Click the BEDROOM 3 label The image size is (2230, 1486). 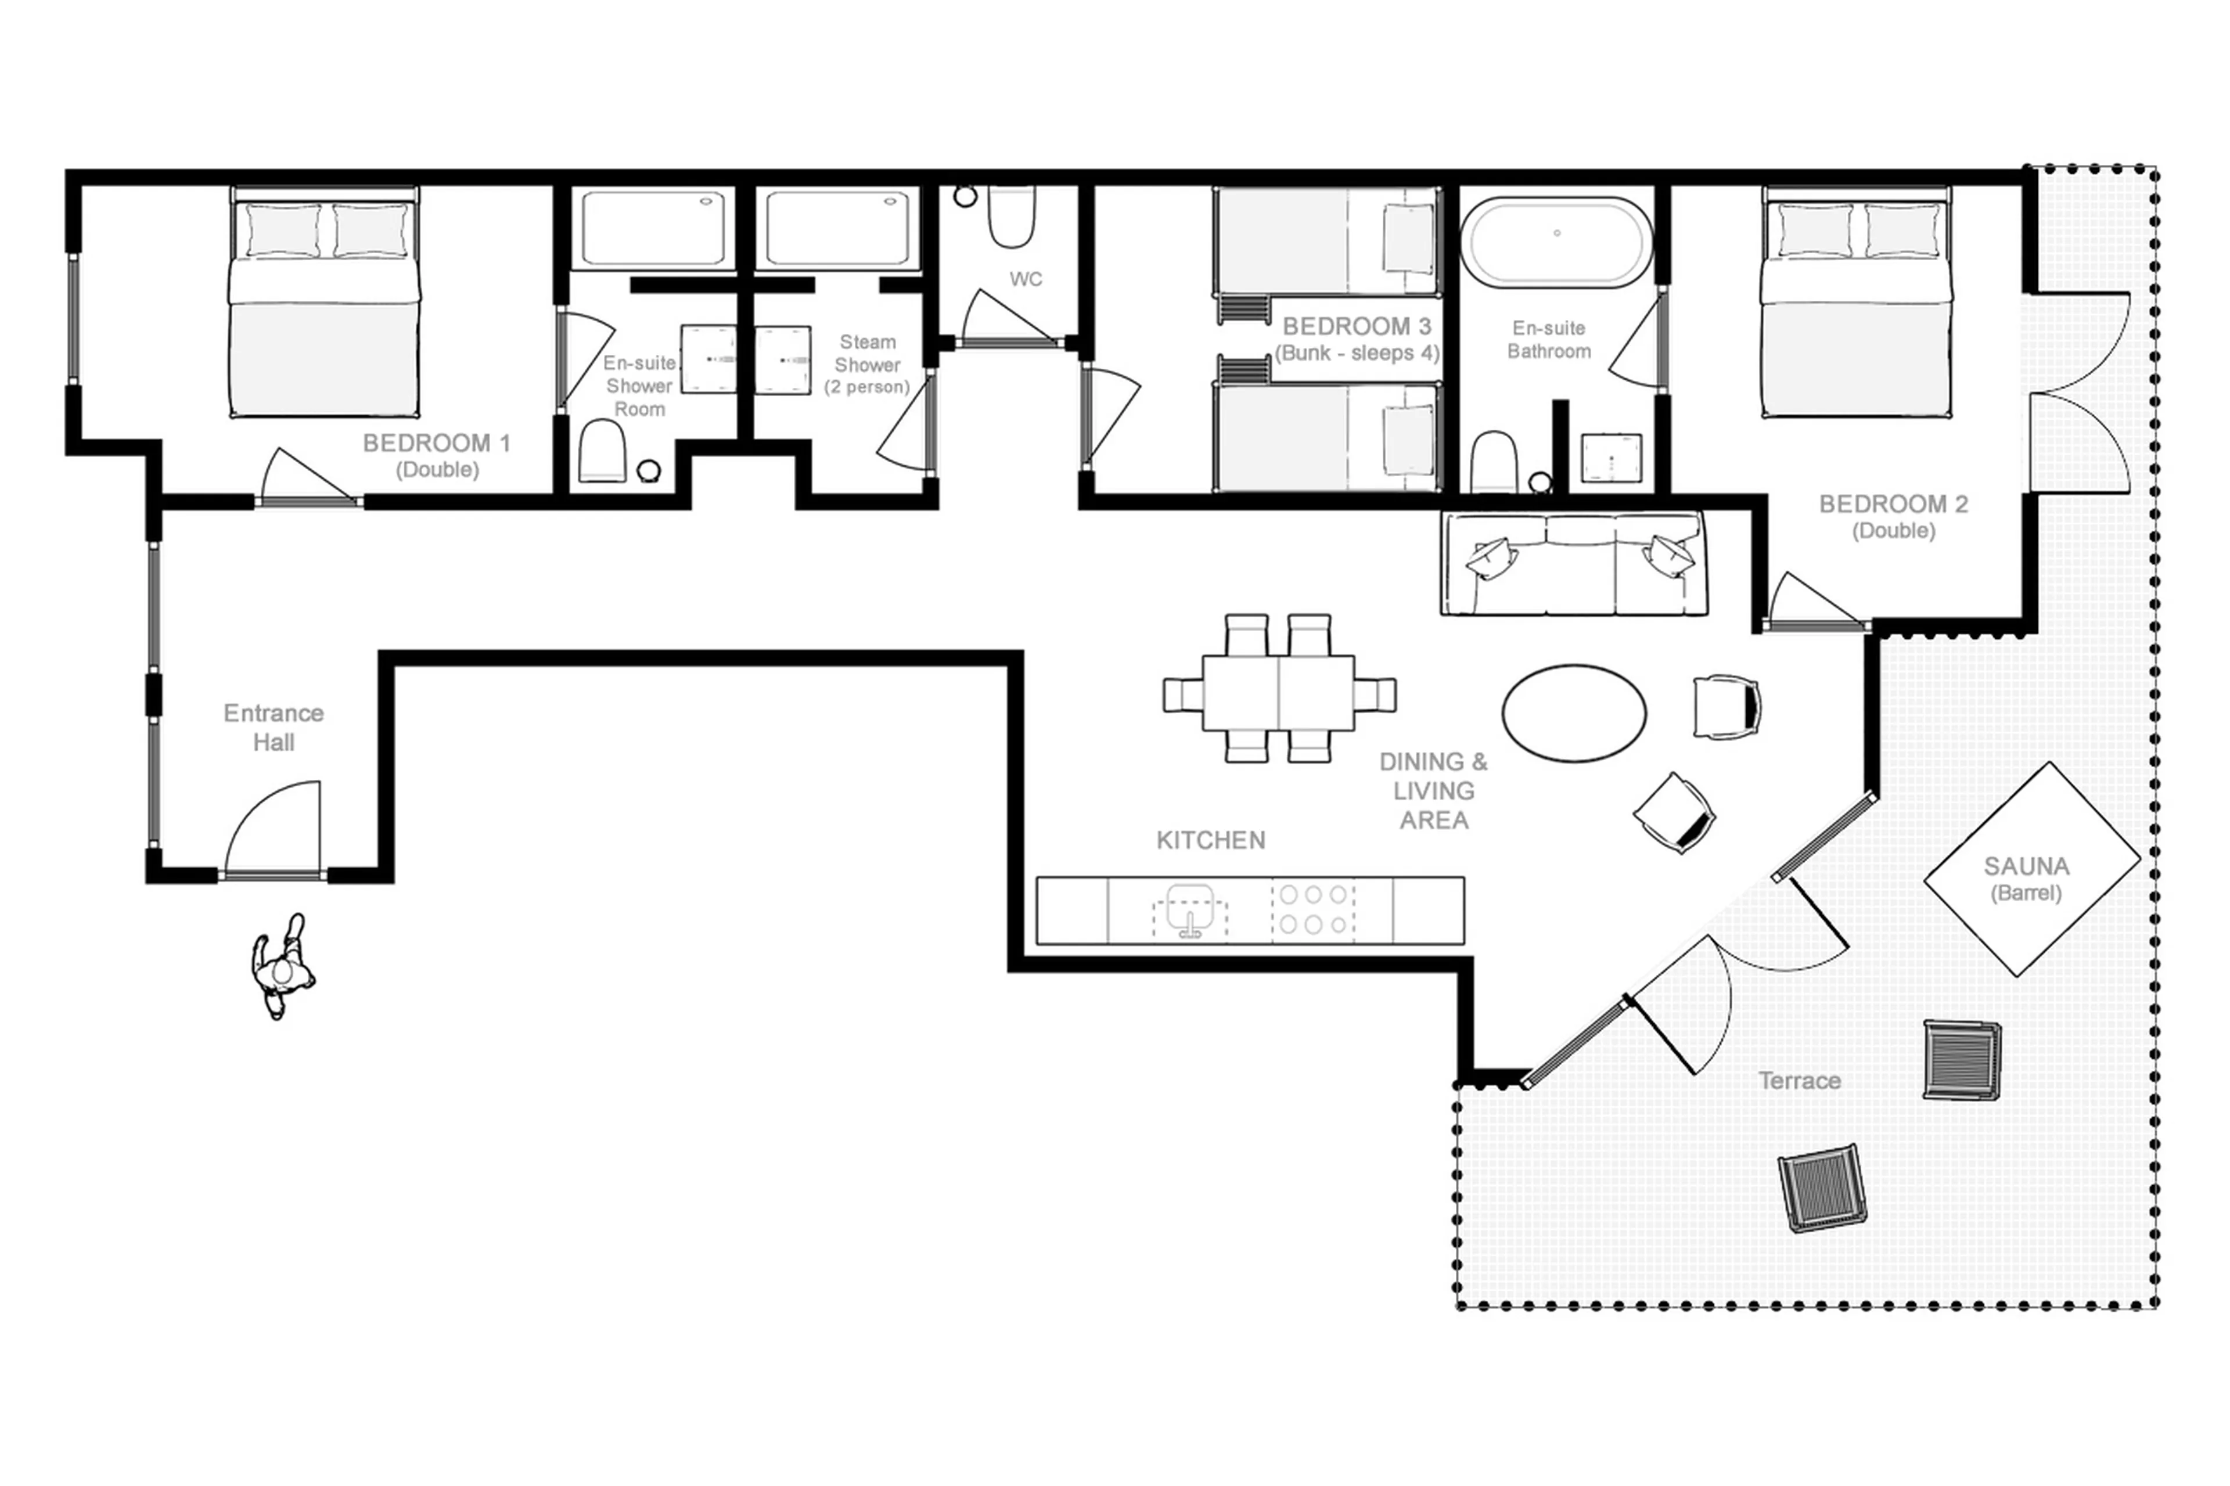1355,327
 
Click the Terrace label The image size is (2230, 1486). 1798,1080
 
